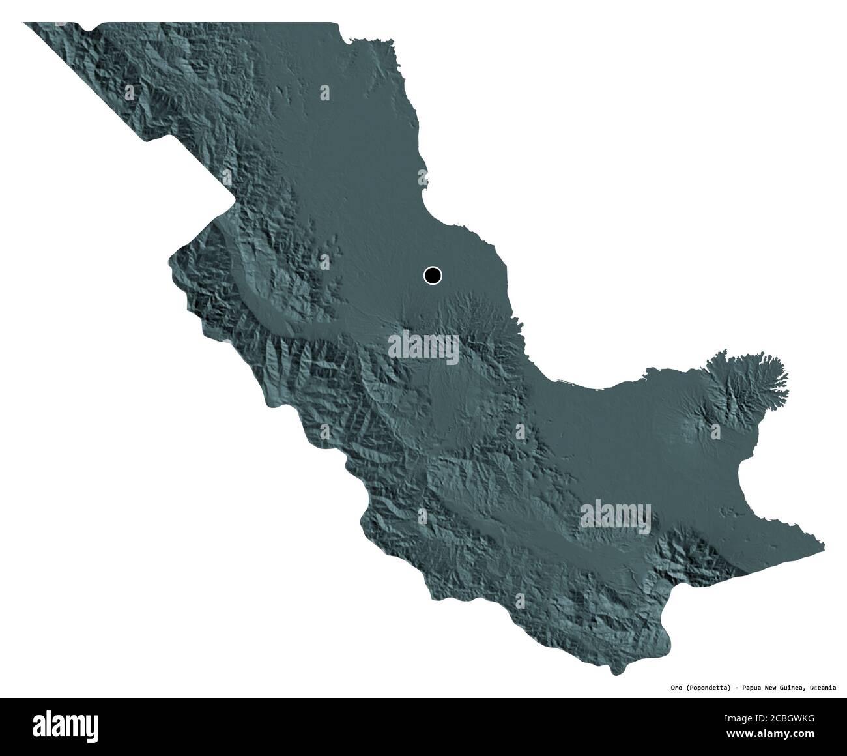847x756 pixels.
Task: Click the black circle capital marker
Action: click(432, 276)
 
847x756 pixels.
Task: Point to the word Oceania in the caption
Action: click(823, 687)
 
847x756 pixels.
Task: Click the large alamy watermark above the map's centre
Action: click(423, 345)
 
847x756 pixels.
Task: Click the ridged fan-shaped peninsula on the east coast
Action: click(749, 385)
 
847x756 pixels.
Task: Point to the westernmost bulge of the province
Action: click(171, 261)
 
